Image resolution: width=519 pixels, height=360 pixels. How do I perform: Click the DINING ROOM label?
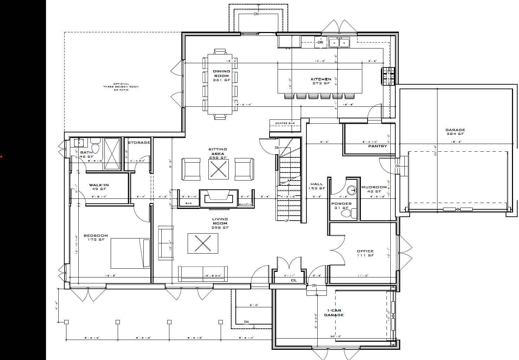pos(221,74)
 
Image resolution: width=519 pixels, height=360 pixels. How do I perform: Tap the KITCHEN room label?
pos(321,79)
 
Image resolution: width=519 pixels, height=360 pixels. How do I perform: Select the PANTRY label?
pos(377,146)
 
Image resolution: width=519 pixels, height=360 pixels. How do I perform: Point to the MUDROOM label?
pos(374,188)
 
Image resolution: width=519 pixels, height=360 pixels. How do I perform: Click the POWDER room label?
pos(341,204)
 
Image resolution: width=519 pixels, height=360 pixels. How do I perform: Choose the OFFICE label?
pos(365,251)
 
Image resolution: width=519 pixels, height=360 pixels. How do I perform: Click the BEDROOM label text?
pos(96,236)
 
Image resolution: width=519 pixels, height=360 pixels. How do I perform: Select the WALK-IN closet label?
pos(99,185)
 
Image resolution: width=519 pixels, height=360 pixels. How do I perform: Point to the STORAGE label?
pos(139,143)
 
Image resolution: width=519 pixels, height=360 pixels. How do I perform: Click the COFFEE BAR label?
pos(285,123)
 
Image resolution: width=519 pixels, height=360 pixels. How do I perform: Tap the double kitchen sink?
pos(339,42)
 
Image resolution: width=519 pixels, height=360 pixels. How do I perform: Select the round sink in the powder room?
pos(351,190)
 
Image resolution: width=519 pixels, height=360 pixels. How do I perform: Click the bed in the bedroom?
pos(130,253)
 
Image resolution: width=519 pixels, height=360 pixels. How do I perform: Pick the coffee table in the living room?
pos(203,243)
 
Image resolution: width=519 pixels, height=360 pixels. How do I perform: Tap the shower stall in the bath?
pos(112,154)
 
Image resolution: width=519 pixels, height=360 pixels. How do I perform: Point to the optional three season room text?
pos(121,87)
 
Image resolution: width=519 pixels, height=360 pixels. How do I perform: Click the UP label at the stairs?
pos(286,221)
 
